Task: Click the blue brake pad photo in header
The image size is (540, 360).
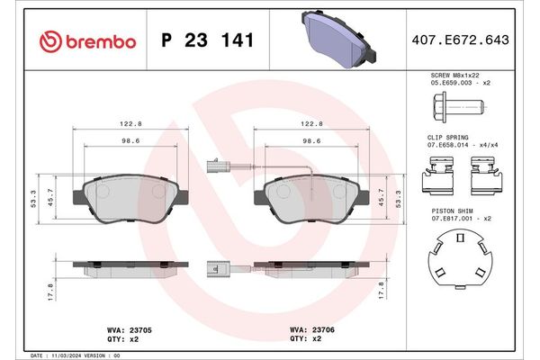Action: (x=335, y=41)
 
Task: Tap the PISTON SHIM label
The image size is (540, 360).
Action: (x=449, y=209)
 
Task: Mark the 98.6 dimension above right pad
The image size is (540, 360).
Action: (x=312, y=140)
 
